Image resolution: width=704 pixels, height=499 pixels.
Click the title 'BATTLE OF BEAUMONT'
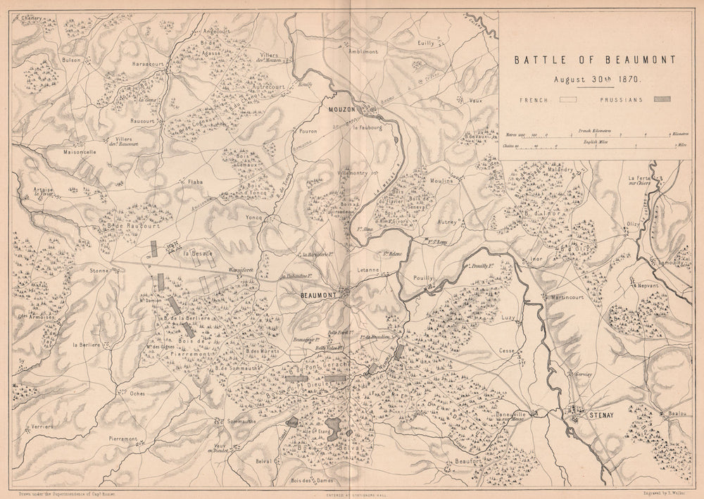pos(594,60)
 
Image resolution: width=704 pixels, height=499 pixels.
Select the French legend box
pos(567,100)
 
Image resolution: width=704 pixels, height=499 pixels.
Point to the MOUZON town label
pos(342,109)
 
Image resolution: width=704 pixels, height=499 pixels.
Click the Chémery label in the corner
pos(31,20)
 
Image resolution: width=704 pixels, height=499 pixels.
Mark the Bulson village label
pos(72,61)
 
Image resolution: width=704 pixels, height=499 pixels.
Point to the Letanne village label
pos(370,270)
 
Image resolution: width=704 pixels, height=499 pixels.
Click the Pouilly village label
pos(422,279)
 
